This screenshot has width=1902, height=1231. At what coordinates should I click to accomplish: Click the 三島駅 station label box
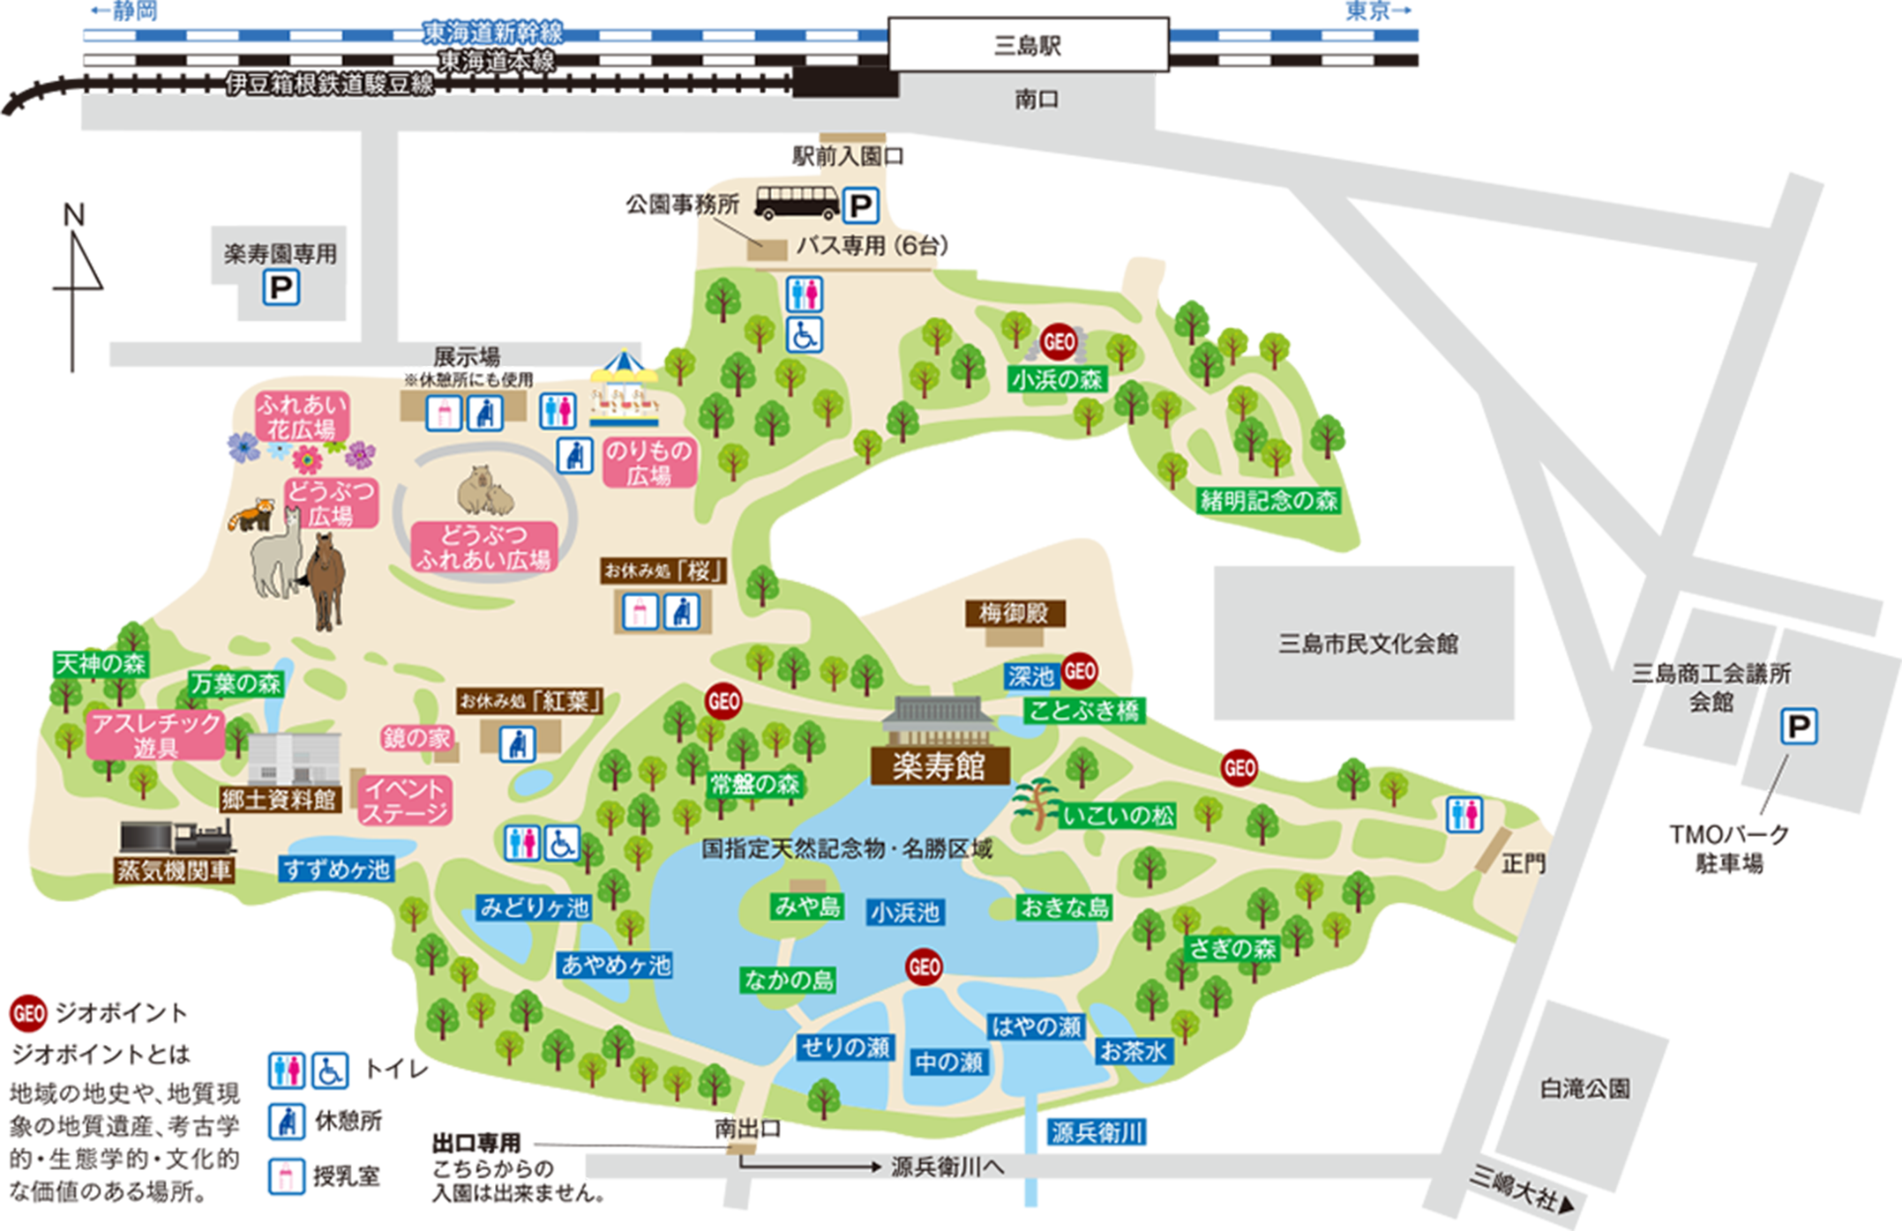1028,45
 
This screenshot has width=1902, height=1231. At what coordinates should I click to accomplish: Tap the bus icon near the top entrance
797,204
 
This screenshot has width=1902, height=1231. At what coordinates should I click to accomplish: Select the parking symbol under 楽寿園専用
281,288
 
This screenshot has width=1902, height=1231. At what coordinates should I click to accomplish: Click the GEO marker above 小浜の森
1059,341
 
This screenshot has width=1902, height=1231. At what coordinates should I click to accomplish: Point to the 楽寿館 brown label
940,765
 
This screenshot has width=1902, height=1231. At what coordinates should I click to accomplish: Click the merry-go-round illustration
624,391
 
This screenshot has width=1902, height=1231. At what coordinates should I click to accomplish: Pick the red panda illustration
251,515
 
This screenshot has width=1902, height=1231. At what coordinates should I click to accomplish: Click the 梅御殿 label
1014,613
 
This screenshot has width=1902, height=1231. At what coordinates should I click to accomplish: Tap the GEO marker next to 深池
1079,672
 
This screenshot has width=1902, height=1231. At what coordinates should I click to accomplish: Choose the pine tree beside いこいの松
1035,802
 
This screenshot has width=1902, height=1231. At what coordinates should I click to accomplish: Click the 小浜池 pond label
905,912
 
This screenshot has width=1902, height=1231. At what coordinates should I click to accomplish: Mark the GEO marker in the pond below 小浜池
924,967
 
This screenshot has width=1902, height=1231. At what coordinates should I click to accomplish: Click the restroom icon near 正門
1464,815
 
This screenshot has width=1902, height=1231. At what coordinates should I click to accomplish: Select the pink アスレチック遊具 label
155,735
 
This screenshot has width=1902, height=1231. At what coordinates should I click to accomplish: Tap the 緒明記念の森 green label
1269,501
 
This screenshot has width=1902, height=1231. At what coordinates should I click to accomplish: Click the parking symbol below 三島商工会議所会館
1799,727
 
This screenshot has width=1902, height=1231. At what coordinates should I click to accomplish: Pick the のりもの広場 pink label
649,463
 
